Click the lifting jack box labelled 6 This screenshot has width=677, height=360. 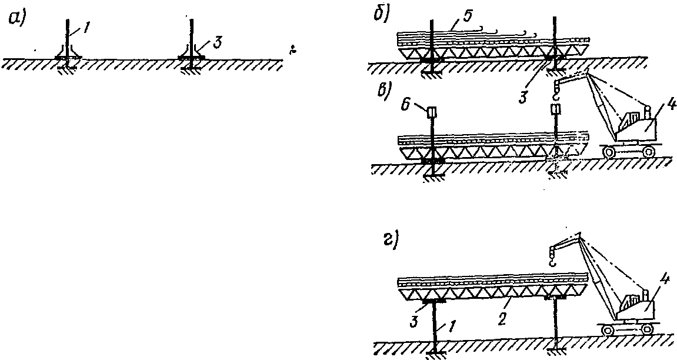[x=432, y=112]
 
